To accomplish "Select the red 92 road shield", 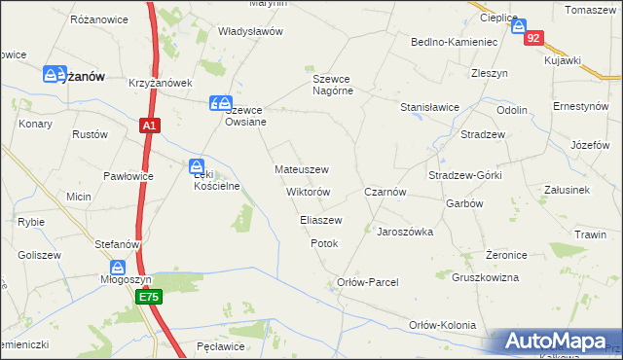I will [x=532, y=38].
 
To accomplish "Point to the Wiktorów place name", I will [x=309, y=192].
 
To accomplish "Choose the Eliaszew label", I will [x=320, y=221].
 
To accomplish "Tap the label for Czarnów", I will [x=385, y=193].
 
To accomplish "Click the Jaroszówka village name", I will [x=405, y=233].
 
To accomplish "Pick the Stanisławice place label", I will [x=429, y=107].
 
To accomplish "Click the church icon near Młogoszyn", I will [x=119, y=268].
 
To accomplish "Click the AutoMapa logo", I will [x=558, y=342].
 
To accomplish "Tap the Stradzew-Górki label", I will [x=464, y=175].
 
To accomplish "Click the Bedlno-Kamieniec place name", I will [x=455, y=43].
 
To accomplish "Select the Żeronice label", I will [x=506, y=255].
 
